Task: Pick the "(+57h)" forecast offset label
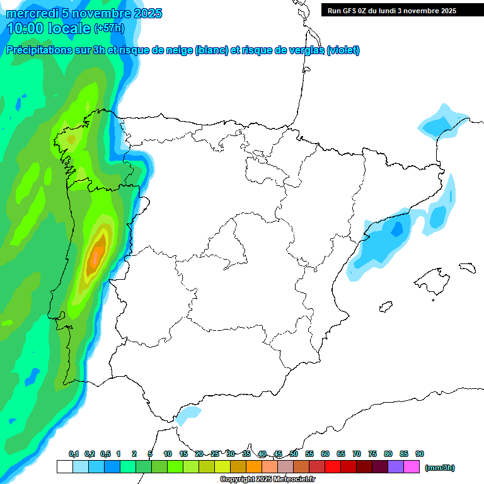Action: (x=109, y=28)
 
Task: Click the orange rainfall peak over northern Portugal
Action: (x=96, y=255)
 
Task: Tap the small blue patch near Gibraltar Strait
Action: (x=188, y=413)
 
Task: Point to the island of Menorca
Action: (x=466, y=268)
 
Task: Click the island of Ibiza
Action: (x=386, y=307)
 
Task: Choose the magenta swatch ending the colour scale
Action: (x=412, y=467)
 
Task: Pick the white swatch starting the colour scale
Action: (x=64, y=467)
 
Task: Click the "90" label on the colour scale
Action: (x=420, y=454)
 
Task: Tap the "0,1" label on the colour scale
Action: (x=74, y=454)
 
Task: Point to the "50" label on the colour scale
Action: (x=294, y=454)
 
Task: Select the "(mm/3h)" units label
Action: (x=440, y=468)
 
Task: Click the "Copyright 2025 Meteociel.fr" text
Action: (x=267, y=480)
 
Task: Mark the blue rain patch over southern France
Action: (x=440, y=124)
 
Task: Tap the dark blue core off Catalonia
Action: (x=396, y=228)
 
